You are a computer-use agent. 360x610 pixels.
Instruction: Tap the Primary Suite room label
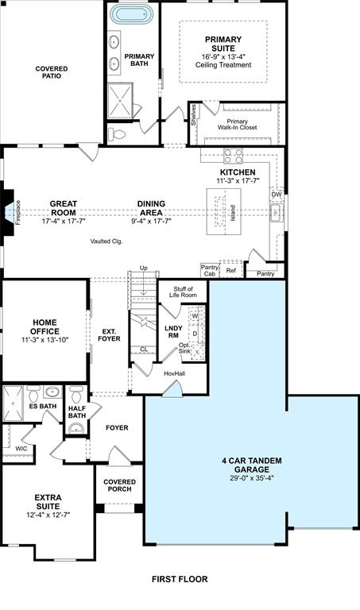pyautogui.click(x=223, y=44)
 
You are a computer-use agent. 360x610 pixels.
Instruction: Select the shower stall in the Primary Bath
pyautogui.click(x=120, y=100)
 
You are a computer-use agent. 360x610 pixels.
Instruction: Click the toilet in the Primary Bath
pyautogui.click(x=117, y=134)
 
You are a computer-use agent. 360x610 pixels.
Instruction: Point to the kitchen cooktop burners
pyautogui.click(x=233, y=156)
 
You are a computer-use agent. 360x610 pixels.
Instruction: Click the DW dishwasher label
pyautogui.click(x=277, y=195)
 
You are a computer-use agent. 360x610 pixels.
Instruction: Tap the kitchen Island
pyautogui.click(x=223, y=211)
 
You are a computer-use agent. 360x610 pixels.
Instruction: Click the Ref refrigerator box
pyautogui.click(x=231, y=269)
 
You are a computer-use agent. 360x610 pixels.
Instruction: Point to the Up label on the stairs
pyautogui.click(x=144, y=268)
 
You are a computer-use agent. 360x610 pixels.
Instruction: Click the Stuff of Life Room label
pyautogui.click(x=183, y=291)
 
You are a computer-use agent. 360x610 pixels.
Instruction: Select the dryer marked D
pyautogui.click(x=195, y=334)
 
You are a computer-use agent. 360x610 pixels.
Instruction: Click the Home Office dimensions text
pyautogui.click(x=45, y=340)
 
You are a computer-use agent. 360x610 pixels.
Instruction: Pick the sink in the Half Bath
pyautogui.click(x=76, y=428)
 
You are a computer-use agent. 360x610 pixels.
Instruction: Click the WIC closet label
pyautogui.click(x=21, y=449)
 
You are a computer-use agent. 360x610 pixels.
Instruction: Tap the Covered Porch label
pyautogui.click(x=119, y=485)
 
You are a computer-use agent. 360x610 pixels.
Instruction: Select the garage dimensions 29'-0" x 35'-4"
pyautogui.click(x=252, y=478)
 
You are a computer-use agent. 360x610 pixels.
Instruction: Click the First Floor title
pyautogui.click(x=180, y=579)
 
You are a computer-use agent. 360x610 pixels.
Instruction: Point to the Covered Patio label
pyautogui.click(x=52, y=72)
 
